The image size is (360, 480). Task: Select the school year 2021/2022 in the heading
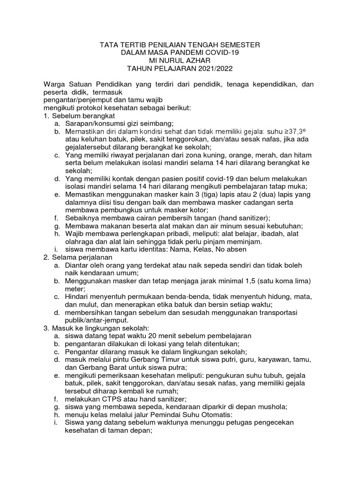(210, 68)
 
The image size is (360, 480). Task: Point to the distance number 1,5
(247, 281)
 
